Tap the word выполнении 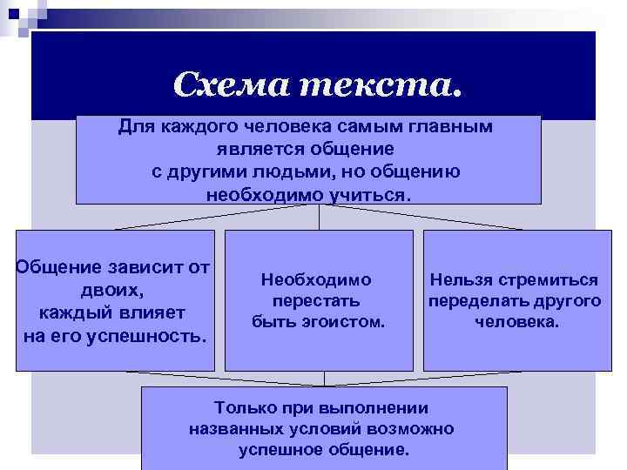[x=377, y=407]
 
